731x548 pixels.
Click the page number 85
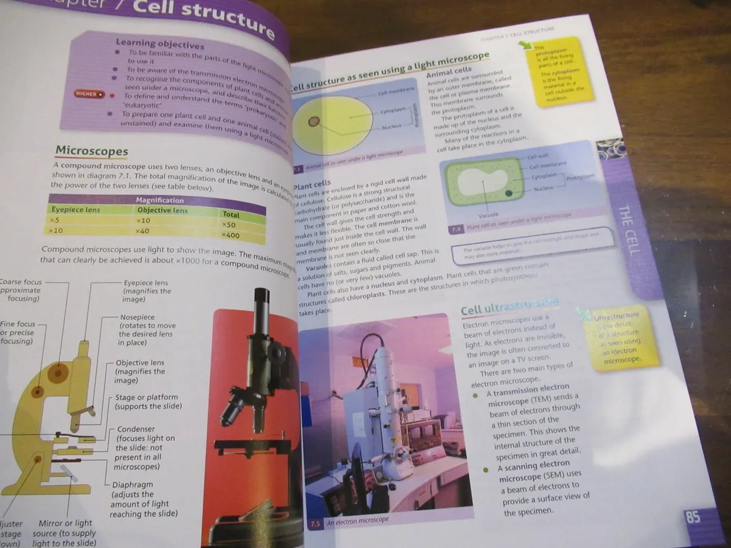click(693, 517)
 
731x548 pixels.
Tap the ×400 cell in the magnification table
click(231, 234)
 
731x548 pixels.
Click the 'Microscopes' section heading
click(91, 150)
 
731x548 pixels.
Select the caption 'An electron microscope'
click(358, 522)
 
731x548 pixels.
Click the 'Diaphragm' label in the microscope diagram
click(133, 485)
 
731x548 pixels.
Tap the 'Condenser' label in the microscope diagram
click(136, 429)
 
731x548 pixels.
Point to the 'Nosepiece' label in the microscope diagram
click(139, 317)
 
